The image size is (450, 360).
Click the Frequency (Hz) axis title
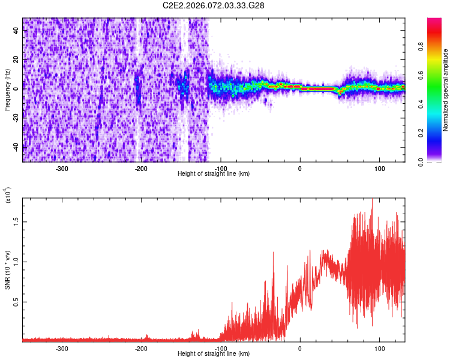7,90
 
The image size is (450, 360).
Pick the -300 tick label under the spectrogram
62,169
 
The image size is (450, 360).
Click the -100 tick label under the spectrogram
221,169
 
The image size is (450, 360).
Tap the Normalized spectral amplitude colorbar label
446,90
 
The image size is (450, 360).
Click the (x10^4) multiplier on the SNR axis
7,196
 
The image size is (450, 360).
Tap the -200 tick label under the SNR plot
141,348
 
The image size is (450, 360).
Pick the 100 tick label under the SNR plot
380,348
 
